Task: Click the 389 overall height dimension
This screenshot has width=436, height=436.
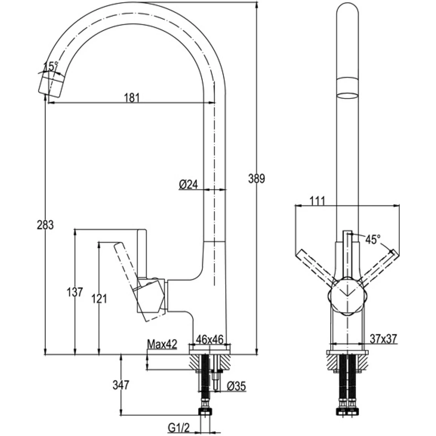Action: tap(257, 179)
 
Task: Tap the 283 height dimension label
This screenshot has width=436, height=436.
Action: tap(45, 225)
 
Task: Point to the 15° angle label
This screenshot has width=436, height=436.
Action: tap(51, 66)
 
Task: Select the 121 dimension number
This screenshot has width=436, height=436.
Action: tap(98, 298)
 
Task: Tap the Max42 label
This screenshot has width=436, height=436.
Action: tap(162, 344)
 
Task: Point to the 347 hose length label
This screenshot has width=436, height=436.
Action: tap(121, 385)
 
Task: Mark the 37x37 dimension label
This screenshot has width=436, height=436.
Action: tap(383, 339)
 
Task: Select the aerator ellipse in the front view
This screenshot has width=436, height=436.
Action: tap(348, 96)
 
